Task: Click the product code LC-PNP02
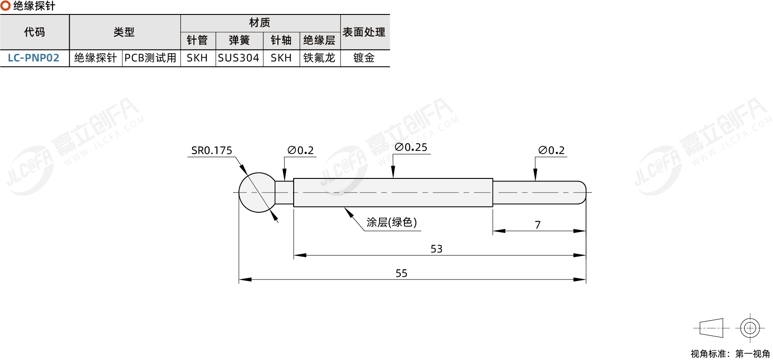pyautogui.click(x=33, y=58)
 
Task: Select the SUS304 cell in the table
pyautogui.click(x=239, y=58)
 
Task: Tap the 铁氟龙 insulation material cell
pyautogui.click(x=319, y=58)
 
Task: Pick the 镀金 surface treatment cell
pyautogui.click(x=364, y=58)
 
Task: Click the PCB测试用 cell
pyautogui.click(x=150, y=58)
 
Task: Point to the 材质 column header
pyautogui.click(x=259, y=23)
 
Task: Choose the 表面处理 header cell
pyautogui.click(x=364, y=32)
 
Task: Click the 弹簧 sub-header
pyautogui.click(x=239, y=40)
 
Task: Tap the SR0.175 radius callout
pyautogui.click(x=211, y=150)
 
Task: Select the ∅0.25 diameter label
pyautogui.click(x=411, y=147)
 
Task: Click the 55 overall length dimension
pyautogui.click(x=401, y=273)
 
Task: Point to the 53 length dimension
pyautogui.click(x=436, y=249)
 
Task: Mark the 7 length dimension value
pyautogui.click(x=538, y=225)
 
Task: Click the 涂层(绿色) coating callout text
pyautogui.click(x=392, y=222)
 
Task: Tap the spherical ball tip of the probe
pyautogui.click(x=258, y=192)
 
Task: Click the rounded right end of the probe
pyautogui.click(x=582, y=192)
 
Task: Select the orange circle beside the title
pyautogui.click(x=5, y=5)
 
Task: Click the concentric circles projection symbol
pyautogui.click(x=750, y=328)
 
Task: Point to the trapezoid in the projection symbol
pyautogui.click(x=711, y=328)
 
